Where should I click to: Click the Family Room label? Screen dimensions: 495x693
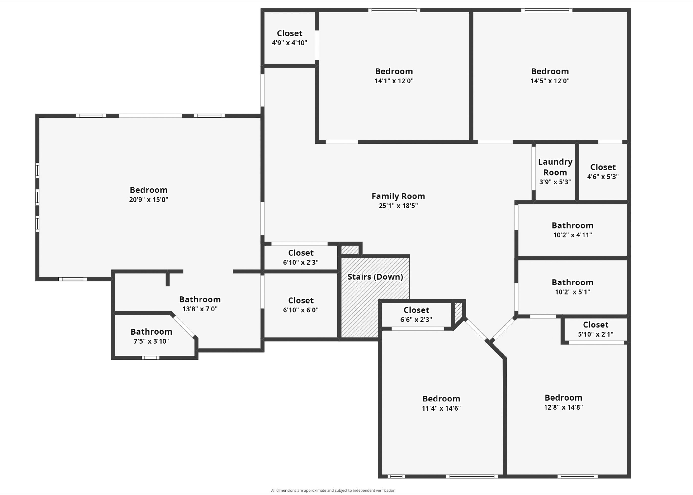click(x=398, y=196)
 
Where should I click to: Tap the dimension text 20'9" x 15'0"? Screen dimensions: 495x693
click(x=148, y=200)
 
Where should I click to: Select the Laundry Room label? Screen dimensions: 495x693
click(x=555, y=167)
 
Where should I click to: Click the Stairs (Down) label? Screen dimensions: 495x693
click(x=375, y=277)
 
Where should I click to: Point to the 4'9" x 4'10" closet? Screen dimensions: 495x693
click(x=289, y=38)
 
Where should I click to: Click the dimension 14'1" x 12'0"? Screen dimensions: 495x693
click(x=394, y=81)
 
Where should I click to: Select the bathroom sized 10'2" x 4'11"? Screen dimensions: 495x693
click(x=572, y=230)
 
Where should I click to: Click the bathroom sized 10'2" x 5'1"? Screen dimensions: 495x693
click(x=572, y=287)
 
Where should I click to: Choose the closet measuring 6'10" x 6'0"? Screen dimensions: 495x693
click(x=300, y=305)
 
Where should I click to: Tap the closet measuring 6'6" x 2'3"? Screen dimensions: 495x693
click(x=416, y=315)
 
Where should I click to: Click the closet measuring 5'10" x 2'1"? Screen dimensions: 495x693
click(x=595, y=329)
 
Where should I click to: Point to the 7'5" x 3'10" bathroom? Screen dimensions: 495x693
click(x=151, y=336)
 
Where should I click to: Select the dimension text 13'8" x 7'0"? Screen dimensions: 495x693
click(x=200, y=309)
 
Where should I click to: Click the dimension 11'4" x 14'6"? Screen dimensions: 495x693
click(x=441, y=408)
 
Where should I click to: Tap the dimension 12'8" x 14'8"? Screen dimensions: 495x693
click(x=563, y=407)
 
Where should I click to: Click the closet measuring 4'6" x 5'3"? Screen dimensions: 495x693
click(x=602, y=172)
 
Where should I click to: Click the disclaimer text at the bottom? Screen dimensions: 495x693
click(x=333, y=491)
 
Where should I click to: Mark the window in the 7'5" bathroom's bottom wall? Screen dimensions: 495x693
click(x=150, y=358)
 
